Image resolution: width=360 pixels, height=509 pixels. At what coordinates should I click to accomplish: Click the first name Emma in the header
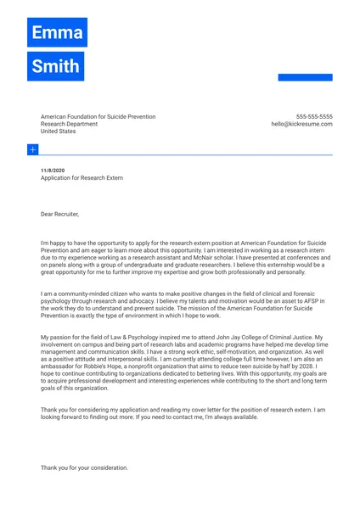tap(57, 33)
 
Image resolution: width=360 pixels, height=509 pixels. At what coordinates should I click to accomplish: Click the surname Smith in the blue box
tap(55, 66)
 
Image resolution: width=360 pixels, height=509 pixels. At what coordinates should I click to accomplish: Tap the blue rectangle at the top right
tap(305, 77)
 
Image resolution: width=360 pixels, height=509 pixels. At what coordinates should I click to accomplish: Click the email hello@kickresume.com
tap(301, 124)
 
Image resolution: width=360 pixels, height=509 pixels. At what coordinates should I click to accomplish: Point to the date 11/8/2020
tap(53, 171)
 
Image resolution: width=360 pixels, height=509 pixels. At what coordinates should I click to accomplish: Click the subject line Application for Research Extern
tap(82, 178)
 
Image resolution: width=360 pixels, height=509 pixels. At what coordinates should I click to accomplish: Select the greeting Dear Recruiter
tap(59, 214)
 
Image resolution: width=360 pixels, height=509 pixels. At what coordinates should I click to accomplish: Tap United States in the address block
tap(58, 131)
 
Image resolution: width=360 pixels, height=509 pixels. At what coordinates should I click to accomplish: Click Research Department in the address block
tap(69, 124)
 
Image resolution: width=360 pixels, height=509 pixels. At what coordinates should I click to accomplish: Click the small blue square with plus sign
tap(32, 149)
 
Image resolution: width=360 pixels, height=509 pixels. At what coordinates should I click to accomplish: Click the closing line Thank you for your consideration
tap(84, 467)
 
